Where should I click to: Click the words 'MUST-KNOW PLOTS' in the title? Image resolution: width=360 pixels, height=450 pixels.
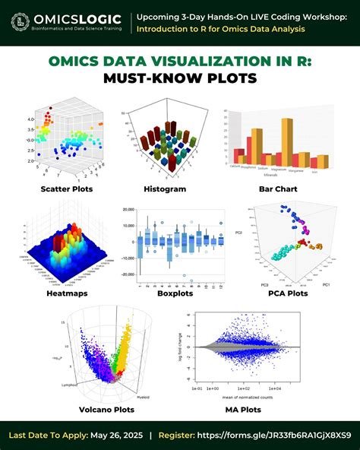point(180,78)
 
